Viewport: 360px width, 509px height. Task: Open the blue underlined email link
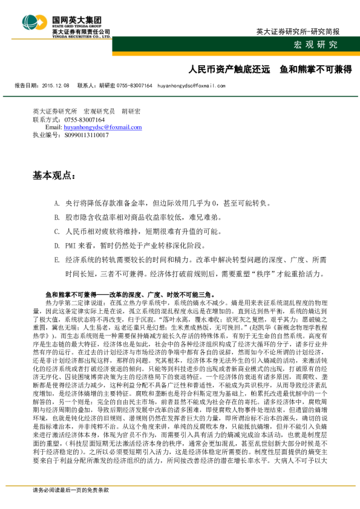point(102,128)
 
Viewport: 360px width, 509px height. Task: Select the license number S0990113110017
point(87,135)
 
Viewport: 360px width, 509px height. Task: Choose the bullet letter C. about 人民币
point(56,231)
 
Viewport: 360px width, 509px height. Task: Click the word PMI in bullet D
point(70,245)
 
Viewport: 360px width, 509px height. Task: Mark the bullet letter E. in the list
point(56,259)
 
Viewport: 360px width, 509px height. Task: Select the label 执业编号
point(44,135)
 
